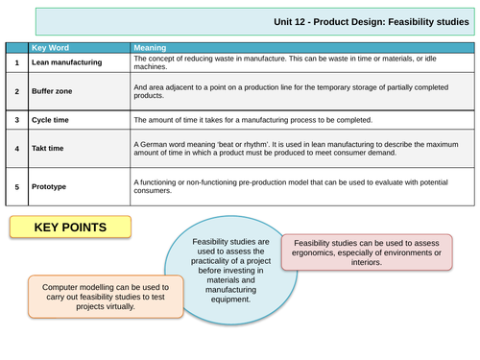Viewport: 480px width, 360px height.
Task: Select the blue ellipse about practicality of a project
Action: point(223,270)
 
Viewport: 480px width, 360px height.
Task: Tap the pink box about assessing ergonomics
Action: point(368,252)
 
